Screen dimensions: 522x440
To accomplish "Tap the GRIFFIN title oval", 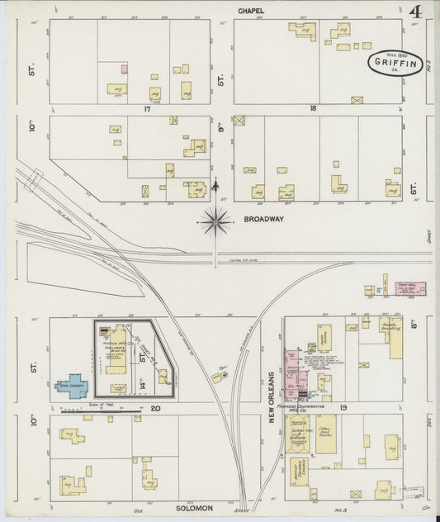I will coord(395,63).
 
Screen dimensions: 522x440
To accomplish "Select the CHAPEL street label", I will coord(252,11).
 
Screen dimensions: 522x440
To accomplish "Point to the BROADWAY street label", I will coord(263,219).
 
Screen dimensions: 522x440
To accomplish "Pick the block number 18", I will coord(313,108).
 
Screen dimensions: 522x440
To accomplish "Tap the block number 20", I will coord(154,408).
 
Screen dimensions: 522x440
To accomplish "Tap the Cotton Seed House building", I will coord(326,434).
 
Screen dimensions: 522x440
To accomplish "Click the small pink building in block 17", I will coord(125,69).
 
